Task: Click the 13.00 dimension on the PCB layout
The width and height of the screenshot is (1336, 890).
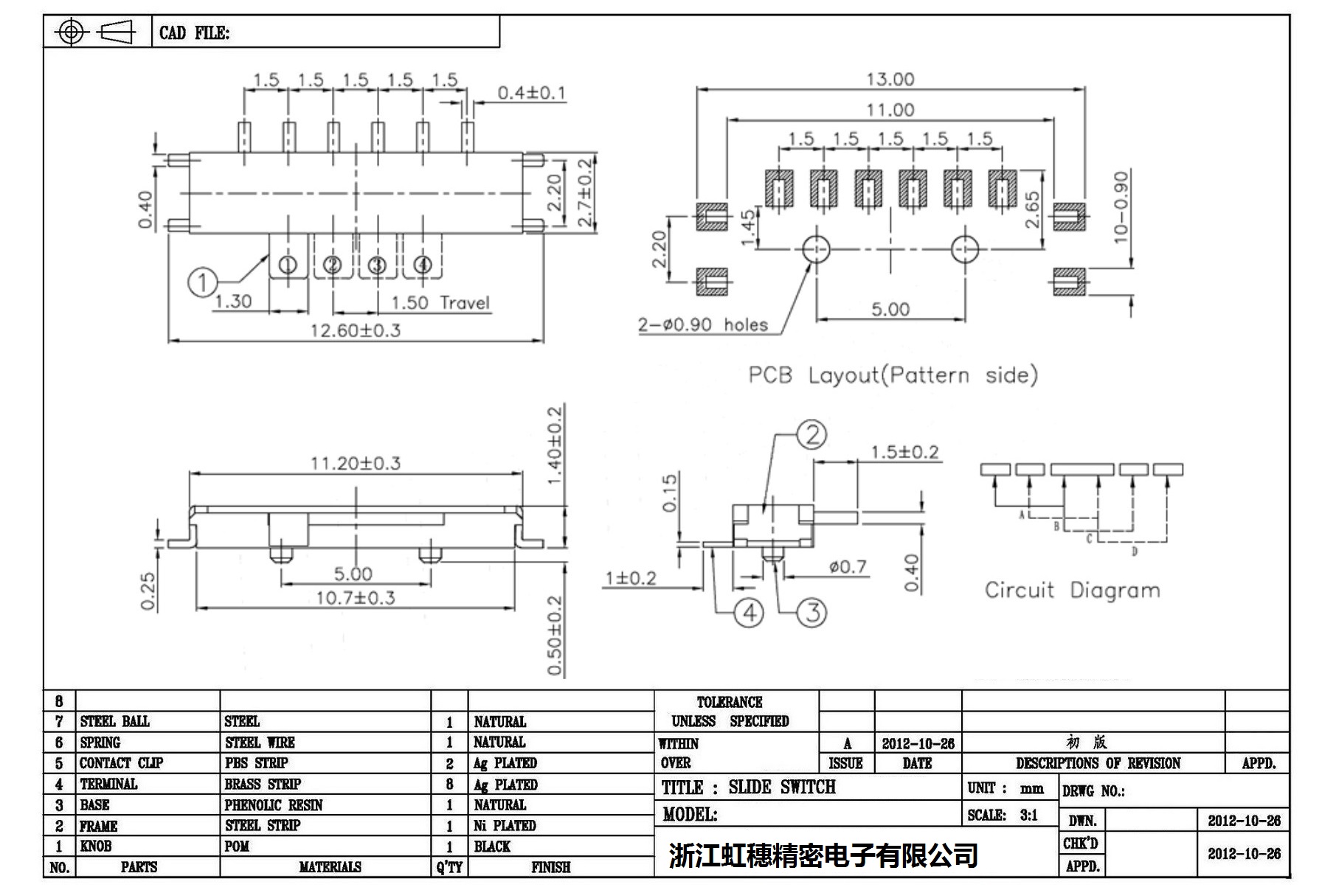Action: coord(890,79)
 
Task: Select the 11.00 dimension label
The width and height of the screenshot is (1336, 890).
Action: coord(890,110)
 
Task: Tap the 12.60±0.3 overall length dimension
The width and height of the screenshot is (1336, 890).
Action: coord(355,330)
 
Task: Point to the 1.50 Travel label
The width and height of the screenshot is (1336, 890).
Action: coord(440,303)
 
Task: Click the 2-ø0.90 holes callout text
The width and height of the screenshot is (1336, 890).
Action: coord(702,325)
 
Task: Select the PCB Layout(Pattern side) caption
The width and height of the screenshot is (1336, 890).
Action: coord(893,375)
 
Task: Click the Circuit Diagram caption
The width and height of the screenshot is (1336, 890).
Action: coord(1072,590)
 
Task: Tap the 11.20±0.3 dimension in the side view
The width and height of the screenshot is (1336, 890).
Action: coord(355,463)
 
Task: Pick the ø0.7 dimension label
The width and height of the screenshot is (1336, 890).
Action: coord(848,567)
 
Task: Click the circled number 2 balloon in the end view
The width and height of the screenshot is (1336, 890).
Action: coord(811,435)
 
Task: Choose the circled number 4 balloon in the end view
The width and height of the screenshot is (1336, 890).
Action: coord(750,613)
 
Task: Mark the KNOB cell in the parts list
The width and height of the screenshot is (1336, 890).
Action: coord(96,846)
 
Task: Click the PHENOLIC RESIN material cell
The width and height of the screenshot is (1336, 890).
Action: coord(273,804)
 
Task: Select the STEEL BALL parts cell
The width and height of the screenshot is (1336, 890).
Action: coord(114,721)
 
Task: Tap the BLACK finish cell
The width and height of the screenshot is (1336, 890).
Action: coord(492,846)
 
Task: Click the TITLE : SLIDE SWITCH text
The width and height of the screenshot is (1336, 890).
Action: coord(748,788)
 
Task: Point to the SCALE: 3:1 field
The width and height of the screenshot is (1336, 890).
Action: coord(1003,815)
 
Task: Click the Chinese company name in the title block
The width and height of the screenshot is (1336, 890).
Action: coord(823,855)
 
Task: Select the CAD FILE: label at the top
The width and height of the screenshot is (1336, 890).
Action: coord(194,33)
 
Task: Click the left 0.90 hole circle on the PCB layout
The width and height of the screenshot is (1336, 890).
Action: coord(816,249)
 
